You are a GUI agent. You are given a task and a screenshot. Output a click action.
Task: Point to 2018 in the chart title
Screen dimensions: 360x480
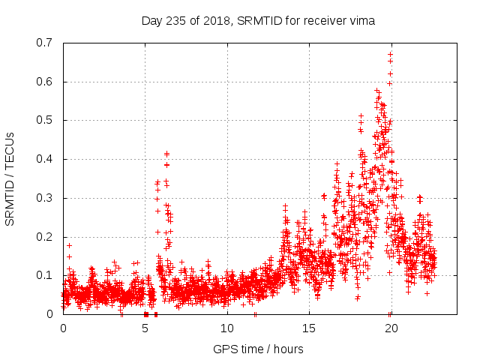220,21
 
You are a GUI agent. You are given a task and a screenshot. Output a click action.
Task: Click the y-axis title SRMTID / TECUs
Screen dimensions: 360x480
10,178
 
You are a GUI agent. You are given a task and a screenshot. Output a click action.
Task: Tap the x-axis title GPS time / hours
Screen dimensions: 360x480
259,349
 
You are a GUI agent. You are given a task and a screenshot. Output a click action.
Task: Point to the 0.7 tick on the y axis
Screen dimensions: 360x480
45,43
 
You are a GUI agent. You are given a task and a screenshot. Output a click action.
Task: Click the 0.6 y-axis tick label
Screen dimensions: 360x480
45,82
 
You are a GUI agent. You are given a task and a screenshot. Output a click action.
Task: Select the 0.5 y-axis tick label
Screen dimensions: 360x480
45,120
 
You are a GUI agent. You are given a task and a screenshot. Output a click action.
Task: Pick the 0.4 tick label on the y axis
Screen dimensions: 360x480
45,159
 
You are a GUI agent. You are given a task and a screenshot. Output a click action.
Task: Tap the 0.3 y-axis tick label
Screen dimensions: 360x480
45,198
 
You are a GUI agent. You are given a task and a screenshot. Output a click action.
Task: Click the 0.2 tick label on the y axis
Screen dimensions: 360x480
45,236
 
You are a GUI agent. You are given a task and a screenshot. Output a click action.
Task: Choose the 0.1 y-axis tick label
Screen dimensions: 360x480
45,275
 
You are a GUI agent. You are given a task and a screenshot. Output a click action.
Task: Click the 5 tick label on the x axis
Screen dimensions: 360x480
145,328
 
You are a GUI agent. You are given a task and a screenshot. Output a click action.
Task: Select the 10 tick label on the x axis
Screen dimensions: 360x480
227,328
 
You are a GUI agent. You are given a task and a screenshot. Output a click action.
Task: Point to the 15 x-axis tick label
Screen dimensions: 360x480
309,328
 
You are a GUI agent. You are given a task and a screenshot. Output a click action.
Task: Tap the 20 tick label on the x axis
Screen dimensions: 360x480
391,328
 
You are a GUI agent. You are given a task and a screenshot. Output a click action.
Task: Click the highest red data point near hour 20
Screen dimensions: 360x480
390,54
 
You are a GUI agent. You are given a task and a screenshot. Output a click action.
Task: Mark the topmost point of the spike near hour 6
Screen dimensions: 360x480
166,154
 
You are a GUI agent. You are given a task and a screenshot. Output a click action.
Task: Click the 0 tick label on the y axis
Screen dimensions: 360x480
50,314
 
